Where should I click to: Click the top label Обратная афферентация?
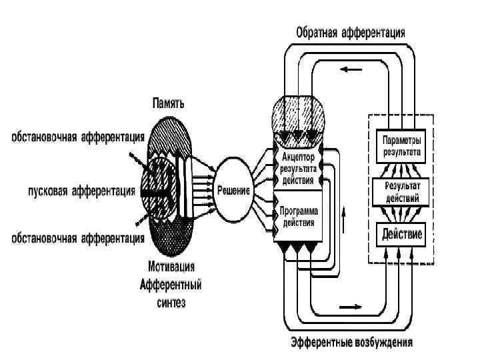pyautogui.click(x=350, y=32)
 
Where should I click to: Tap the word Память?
pyautogui.click(x=168, y=103)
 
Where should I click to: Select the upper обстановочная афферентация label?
pyautogui.click(x=77, y=138)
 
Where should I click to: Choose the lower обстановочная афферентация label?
pyautogui.click(x=77, y=237)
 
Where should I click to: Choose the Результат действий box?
pyautogui.click(x=400, y=193)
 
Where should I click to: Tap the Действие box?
pyautogui.click(x=400, y=234)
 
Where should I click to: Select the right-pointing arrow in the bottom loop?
pyautogui.click(x=354, y=307)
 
